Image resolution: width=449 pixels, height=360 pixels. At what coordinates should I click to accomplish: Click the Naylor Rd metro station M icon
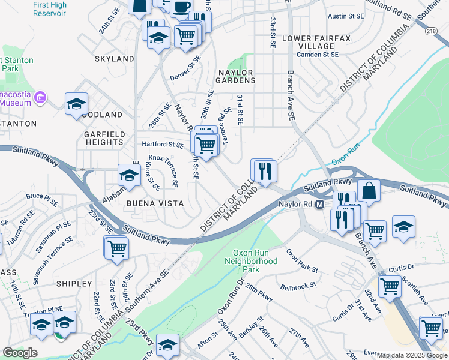click(x=320, y=204)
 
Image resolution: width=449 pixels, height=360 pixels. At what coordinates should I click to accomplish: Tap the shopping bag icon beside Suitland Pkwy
click(x=369, y=191)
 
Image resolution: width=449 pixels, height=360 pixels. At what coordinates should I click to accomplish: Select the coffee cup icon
click(x=182, y=7)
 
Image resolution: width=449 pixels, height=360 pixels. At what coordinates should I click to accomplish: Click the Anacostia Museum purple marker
click(x=41, y=97)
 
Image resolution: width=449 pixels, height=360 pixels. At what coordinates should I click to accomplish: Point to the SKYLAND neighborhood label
click(x=114, y=59)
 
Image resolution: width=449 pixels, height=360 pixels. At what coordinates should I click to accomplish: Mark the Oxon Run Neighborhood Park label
click(x=251, y=257)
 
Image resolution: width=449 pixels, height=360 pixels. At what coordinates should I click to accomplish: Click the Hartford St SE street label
click(x=162, y=145)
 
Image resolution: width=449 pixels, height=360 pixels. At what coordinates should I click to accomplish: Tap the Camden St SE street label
click(x=319, y=55)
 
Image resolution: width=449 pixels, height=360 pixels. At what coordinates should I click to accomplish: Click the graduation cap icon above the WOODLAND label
click(x=76, y=104)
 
